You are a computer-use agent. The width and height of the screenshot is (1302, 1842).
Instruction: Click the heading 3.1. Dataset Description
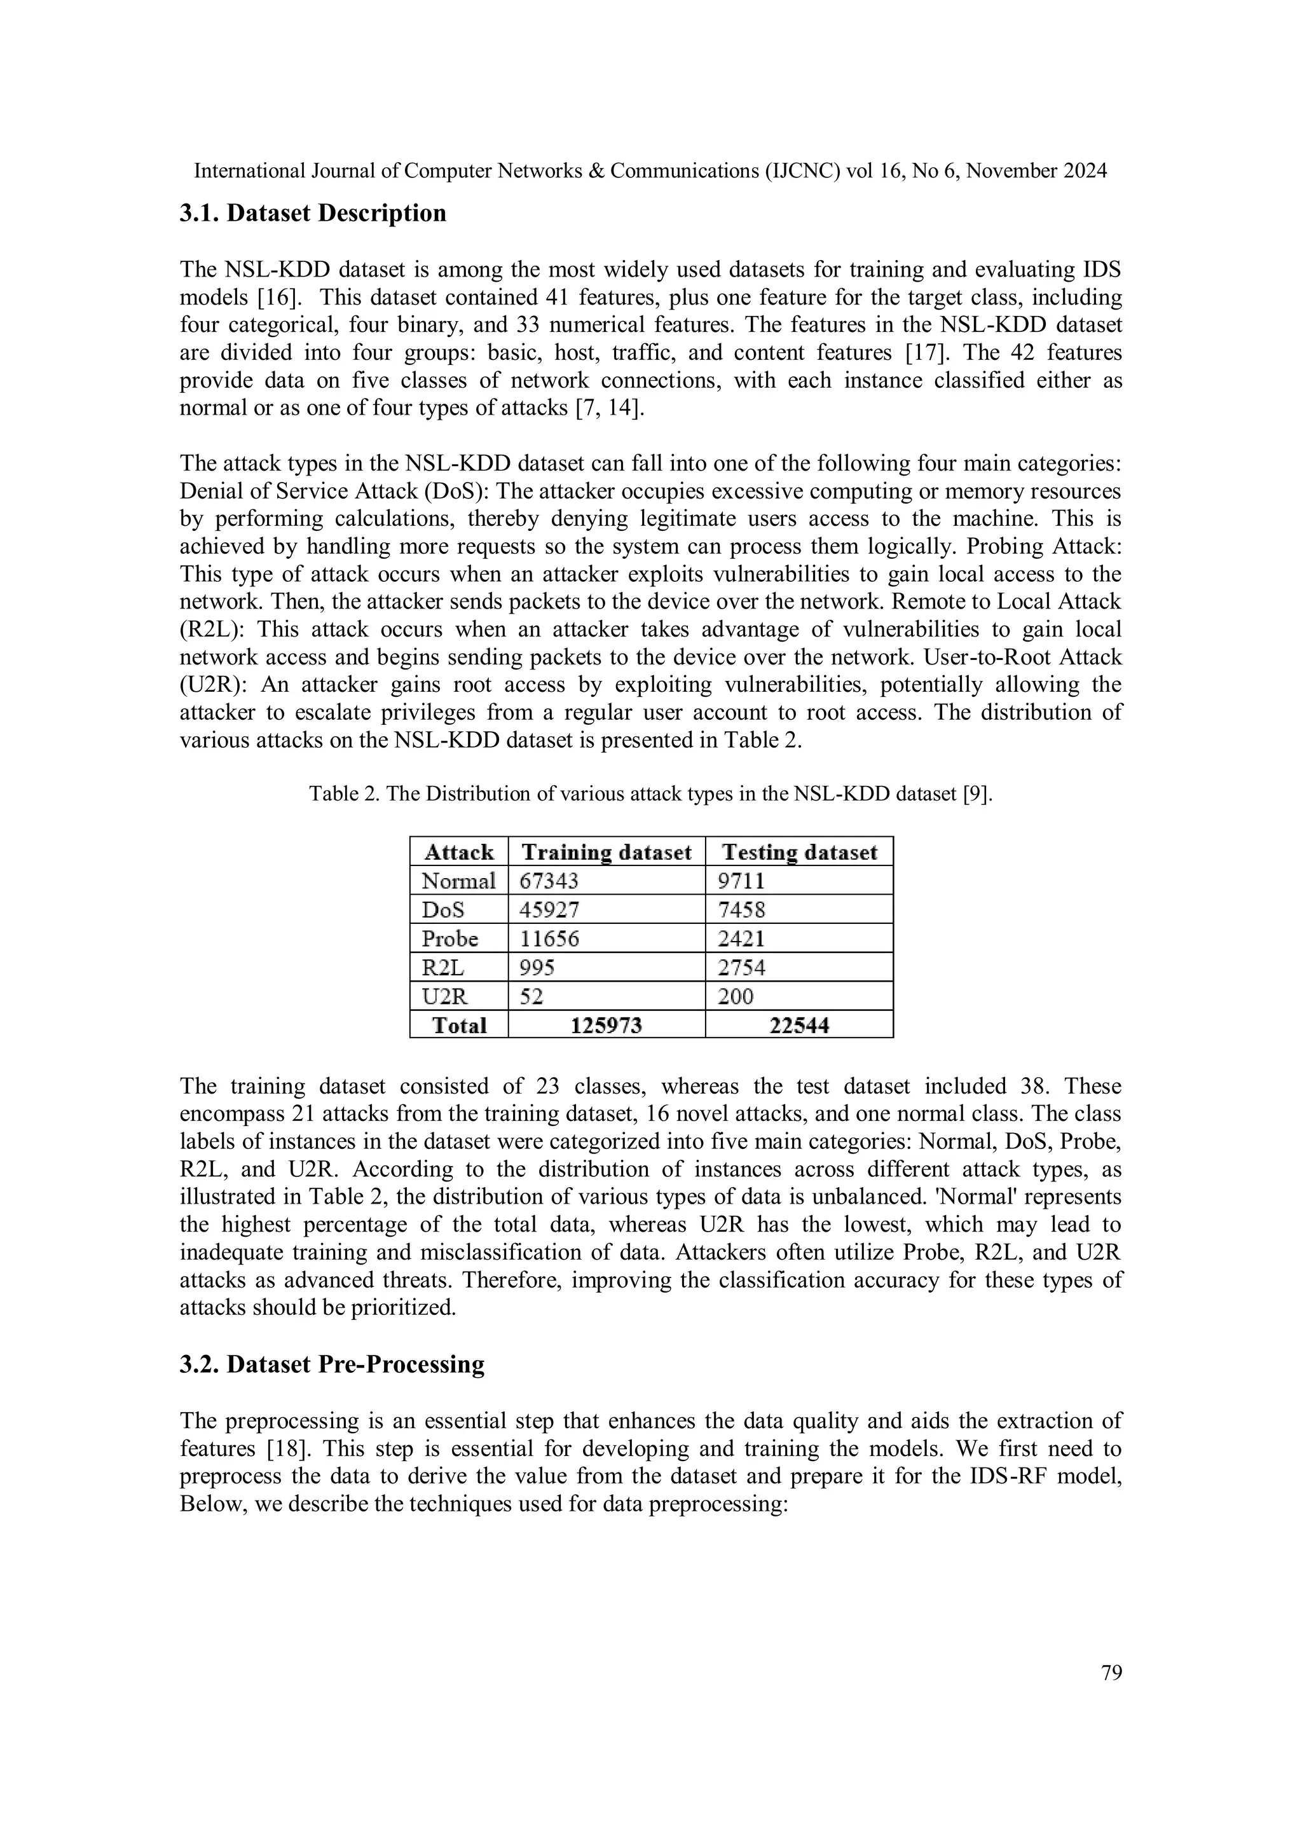[x=312, y=214]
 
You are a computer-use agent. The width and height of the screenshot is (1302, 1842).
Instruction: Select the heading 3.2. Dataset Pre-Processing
[x=331, y=1364]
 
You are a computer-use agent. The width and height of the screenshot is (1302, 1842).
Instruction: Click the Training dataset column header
[x=606, y=852]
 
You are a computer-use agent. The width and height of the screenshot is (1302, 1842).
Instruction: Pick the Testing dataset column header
[x=799, y=852]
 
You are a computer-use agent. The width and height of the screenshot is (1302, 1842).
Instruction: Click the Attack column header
[x=459, y=852]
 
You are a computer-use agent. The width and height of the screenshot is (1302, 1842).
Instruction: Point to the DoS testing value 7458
[x=741, y=910]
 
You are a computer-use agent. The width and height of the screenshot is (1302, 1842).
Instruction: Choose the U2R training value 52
[x=531, y=996]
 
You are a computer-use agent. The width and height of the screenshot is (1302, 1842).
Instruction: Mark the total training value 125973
[x=606, y=1026]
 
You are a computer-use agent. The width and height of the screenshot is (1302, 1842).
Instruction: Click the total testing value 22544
[x=799, y=1026]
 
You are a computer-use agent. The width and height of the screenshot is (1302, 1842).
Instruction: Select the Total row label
[x=459, y=1026]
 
